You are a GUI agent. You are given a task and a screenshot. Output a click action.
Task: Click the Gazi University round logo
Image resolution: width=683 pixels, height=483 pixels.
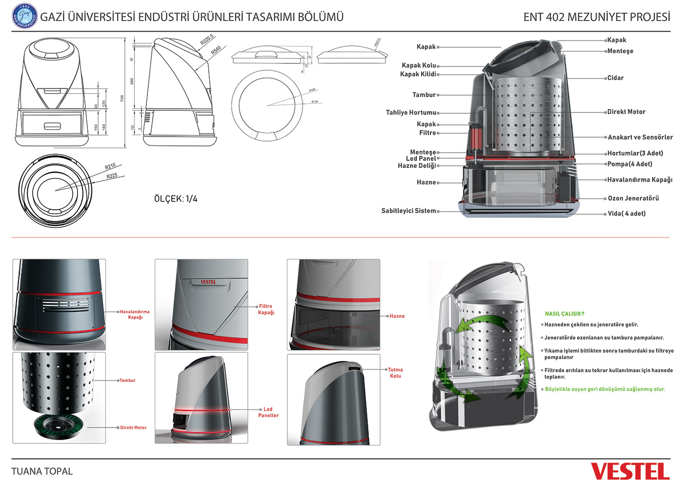click(24, 16)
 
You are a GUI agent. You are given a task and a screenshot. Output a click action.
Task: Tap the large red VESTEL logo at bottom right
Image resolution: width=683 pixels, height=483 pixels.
click(630, 471)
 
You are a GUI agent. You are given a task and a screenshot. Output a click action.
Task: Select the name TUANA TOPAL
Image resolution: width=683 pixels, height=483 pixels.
click(42, 471)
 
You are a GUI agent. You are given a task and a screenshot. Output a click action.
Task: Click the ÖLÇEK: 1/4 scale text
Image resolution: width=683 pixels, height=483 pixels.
click(176, 199)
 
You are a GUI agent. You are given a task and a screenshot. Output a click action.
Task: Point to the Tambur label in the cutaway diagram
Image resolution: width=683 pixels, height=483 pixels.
click(424, 95)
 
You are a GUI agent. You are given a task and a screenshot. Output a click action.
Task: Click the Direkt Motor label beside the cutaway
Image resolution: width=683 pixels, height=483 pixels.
click(626, 112)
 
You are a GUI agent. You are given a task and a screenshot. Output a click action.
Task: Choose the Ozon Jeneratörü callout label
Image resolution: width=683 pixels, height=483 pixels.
click(633, 198)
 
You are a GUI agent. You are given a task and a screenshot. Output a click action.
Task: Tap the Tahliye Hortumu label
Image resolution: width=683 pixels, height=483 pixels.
click(411, 113)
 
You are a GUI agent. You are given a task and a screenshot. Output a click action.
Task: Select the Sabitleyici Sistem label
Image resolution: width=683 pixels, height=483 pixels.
click(409, 211)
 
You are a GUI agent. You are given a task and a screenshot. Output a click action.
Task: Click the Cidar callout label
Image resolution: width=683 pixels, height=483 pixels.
click(615, 78)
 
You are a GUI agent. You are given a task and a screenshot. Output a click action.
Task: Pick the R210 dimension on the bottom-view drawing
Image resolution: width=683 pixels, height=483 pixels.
click(110, 166)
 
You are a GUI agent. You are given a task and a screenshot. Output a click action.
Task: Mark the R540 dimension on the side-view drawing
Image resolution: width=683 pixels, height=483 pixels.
click(216, 50)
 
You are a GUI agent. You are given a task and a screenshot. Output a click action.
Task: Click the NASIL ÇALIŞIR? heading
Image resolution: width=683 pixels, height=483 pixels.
click(564, 314)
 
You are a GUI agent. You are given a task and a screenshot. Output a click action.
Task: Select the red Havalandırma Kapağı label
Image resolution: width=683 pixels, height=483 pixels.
click(135, 314)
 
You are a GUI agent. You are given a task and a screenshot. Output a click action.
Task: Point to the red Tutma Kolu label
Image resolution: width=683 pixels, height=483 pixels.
click(395, 373)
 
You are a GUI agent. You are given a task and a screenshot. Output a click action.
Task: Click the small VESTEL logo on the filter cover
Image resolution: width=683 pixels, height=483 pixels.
click(208, 282)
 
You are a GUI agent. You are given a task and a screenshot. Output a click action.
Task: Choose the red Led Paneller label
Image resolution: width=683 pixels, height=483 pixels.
click(268, 412)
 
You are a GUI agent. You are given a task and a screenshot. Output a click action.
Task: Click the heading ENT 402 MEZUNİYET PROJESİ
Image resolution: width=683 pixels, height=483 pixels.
click(597, 17)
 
